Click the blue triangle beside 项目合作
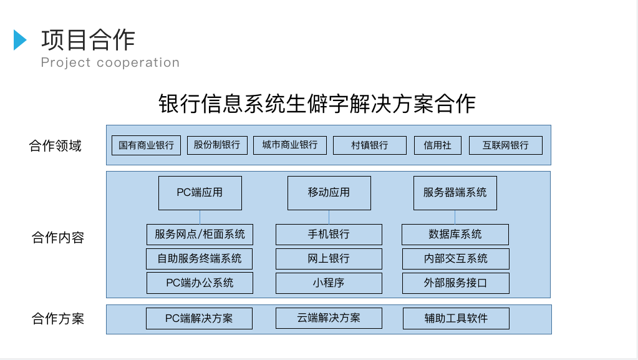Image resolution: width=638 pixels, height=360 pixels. pyautogui.click(x=19, y=40)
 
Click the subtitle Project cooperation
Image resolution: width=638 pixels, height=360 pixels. pyautogui.click(x=110, y=62)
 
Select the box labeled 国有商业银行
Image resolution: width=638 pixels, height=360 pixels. pyautogui.click(x=146, y=145)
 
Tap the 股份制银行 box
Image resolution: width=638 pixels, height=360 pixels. pyautogui.click(x=217, y=145)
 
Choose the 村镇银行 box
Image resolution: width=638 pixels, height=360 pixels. pyautogui.click(x=369, y=145)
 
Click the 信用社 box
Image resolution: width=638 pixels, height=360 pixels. pyautogui.click(x=437, y=145)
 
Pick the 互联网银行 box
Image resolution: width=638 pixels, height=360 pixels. pyautogui.click(x=505, y=145)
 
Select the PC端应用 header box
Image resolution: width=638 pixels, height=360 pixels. pyautogui.click(x=200, y=193)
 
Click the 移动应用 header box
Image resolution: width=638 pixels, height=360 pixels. pyautogui.click(x=329, y=193)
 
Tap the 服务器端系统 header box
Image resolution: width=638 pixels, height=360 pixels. pyautogui.click(x=455, y=193)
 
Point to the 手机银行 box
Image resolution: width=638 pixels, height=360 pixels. pyautogui.click(x=329, y=234)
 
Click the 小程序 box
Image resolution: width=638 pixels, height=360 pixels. pyautogui.click(x=329, y=283)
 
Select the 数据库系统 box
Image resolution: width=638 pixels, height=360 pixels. pyautogui.click(x=455, y=234)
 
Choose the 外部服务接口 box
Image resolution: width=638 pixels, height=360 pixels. pyautogui.click(x=456, y=283)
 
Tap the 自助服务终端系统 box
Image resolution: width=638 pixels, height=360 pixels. pyautogui.click(x=200, y=258)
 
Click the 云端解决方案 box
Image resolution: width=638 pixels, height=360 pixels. pyautogui.click(x=329, y=318)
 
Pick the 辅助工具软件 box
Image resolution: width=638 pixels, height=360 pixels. pyautogui.click(x=456, y=318)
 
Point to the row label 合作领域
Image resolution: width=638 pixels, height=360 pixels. pyautogui.click(x=56, y=146)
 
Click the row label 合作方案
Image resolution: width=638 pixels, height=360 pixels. pyautogui.click(x=58, y=318)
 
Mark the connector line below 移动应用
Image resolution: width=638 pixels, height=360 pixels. pyautogui.click(x=329, y=217)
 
